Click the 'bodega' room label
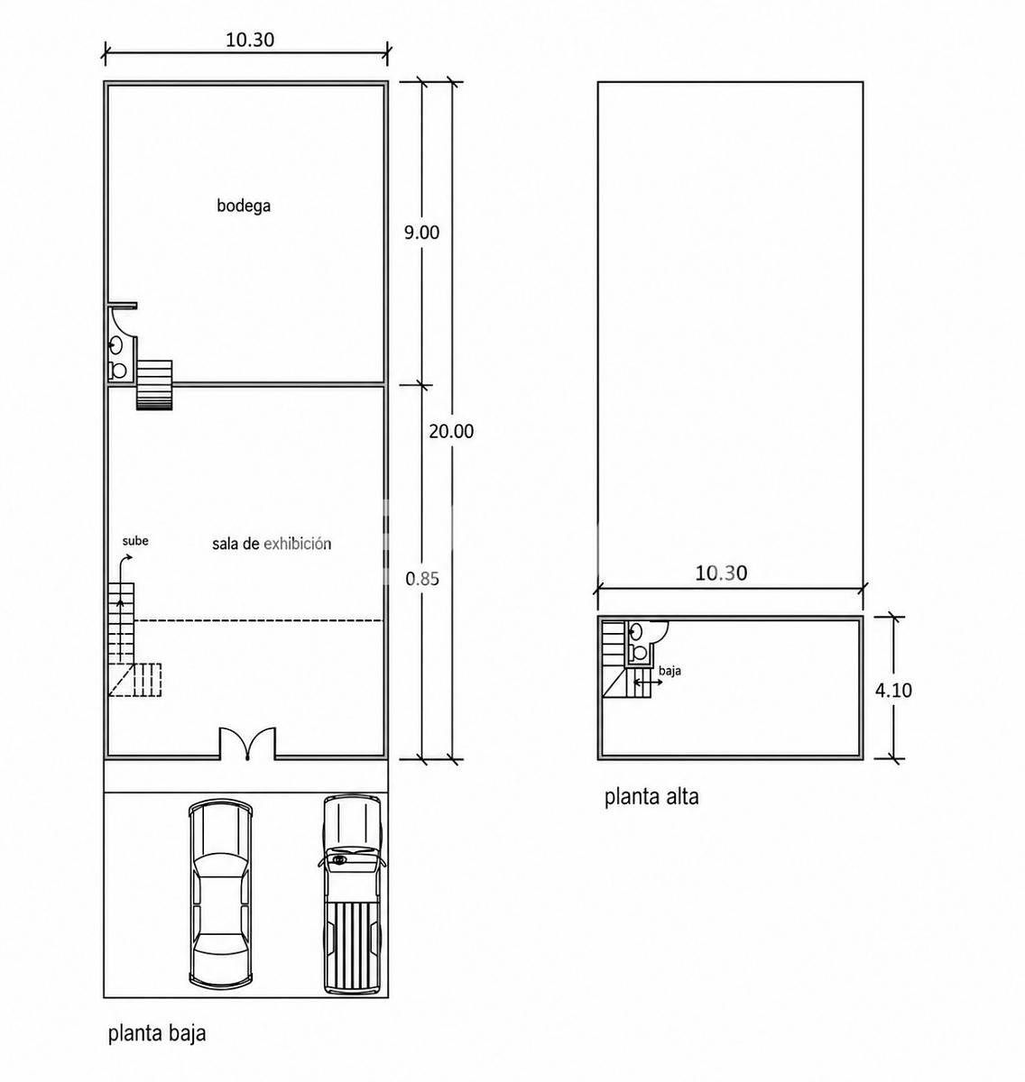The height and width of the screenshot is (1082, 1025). [244, 206]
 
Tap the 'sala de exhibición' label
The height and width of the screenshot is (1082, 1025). [272, 544]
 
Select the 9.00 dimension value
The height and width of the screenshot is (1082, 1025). [422, 233]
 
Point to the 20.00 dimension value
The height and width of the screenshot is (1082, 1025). [451, 431]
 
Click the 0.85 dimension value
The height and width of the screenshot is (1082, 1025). [422, 579]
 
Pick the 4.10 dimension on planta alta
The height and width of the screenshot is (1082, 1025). [893, 690]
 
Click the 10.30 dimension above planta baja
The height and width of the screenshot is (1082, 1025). [250, 40]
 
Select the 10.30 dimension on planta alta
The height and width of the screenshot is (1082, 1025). [721, 573]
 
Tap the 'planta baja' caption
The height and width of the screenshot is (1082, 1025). [157, 1033]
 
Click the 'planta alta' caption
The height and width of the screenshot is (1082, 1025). [651, 796]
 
